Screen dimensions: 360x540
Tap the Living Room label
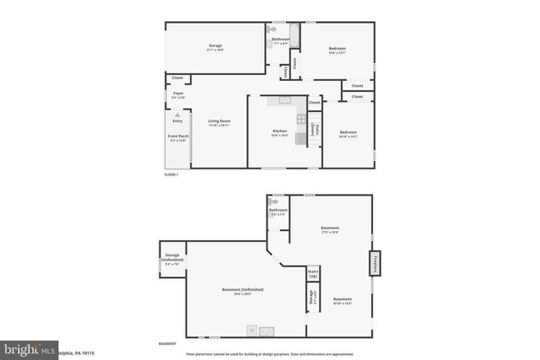tap(219, 122)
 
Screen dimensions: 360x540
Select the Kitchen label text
tap(279, 132)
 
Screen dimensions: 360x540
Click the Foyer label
tap(178, 94)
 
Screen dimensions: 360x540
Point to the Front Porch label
tap(177, 137)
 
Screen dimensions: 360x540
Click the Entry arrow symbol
tap(177, 115)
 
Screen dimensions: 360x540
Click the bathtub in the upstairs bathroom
tap(294, 36)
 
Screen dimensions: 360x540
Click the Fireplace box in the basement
tap(373, 263)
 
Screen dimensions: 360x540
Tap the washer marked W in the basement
tap(251, 330)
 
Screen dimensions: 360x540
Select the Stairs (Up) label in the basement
tap(313, 274)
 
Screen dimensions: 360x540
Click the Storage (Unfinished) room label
tap(172, 261)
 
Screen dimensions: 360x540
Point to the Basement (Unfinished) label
tap(237, 292)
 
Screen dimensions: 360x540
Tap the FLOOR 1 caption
tap(171, 174)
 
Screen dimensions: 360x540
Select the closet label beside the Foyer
tap(177, 78)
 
